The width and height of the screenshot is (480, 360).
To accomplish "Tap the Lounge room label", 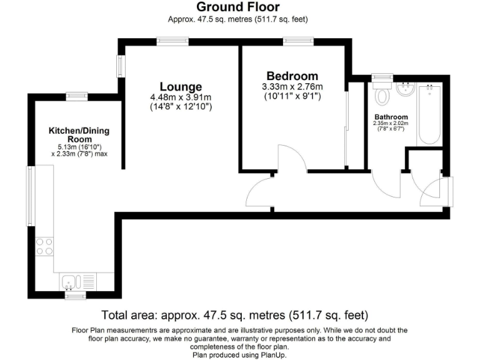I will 181,87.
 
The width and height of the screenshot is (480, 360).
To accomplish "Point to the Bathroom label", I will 391,117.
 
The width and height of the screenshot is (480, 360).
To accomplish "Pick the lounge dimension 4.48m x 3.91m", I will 181,97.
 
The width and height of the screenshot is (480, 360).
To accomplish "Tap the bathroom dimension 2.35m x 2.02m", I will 391,124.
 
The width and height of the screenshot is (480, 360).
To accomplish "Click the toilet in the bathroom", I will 382,95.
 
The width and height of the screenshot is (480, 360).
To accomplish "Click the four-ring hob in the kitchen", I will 44,246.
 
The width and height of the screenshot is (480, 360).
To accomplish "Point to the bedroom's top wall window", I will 293,41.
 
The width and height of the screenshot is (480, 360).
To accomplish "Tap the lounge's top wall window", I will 172,41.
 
